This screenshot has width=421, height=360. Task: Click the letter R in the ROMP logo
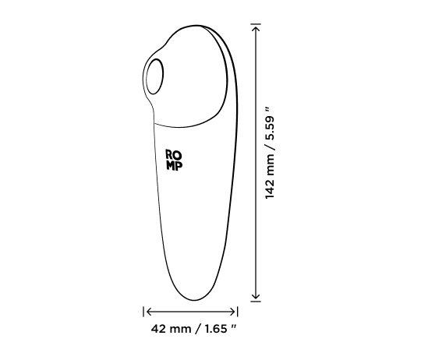169,154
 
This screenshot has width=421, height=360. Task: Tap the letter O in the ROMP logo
178,154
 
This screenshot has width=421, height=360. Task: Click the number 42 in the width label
158,329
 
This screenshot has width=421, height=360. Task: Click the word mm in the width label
179,329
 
